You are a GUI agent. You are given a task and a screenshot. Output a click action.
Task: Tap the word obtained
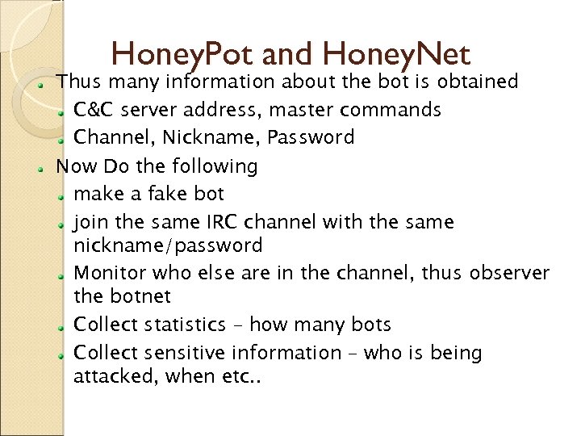(479, 82)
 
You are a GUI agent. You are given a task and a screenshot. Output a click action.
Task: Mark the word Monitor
(109, 274)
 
